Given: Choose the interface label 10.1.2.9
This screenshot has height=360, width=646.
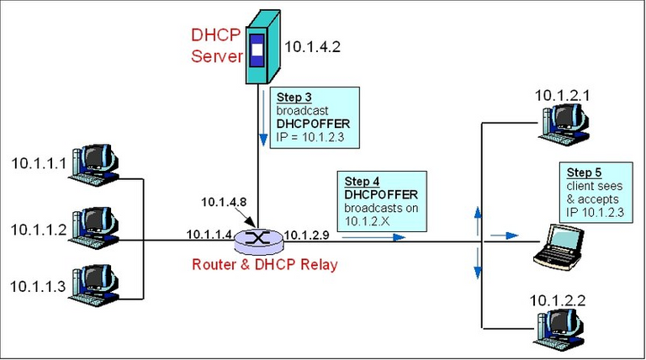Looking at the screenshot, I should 306,233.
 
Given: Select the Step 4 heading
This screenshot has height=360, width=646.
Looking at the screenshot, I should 360,181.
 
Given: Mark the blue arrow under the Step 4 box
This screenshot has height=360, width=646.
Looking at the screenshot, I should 373,237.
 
